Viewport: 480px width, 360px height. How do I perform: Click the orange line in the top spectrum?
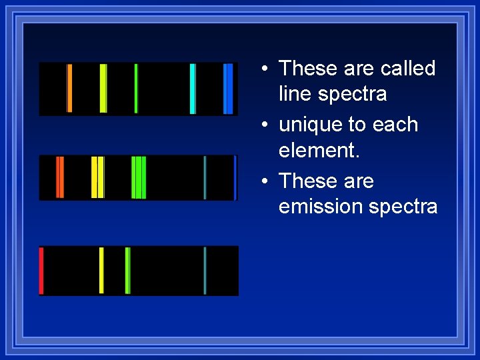[69, 89]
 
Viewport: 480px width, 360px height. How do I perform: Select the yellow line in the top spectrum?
[103, 89]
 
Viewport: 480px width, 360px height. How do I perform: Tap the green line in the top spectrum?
[136, 89]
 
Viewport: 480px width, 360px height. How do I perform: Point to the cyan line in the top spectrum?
[193, 89]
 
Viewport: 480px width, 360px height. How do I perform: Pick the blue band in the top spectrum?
[228, 89]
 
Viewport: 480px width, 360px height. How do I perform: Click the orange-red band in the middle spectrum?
[60, 177]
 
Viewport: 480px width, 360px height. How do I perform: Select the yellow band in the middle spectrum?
[98, 177]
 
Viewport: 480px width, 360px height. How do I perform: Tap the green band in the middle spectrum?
[139, 177]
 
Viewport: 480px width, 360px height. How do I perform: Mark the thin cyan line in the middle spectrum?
[205, 177]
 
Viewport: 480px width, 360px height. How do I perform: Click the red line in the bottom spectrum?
[41, 271]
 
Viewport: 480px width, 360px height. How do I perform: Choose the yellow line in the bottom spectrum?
[101, 271]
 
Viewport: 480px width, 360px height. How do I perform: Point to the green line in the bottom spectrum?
[127, 271]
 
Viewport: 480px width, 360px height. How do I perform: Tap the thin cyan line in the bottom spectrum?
[205, 271]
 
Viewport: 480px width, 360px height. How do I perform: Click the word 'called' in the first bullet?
[407, 69]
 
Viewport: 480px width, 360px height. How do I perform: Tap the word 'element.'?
[319, 151]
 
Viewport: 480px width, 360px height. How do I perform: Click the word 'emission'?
[321, 207]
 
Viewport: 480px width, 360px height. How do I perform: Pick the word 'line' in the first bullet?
[295, 94]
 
